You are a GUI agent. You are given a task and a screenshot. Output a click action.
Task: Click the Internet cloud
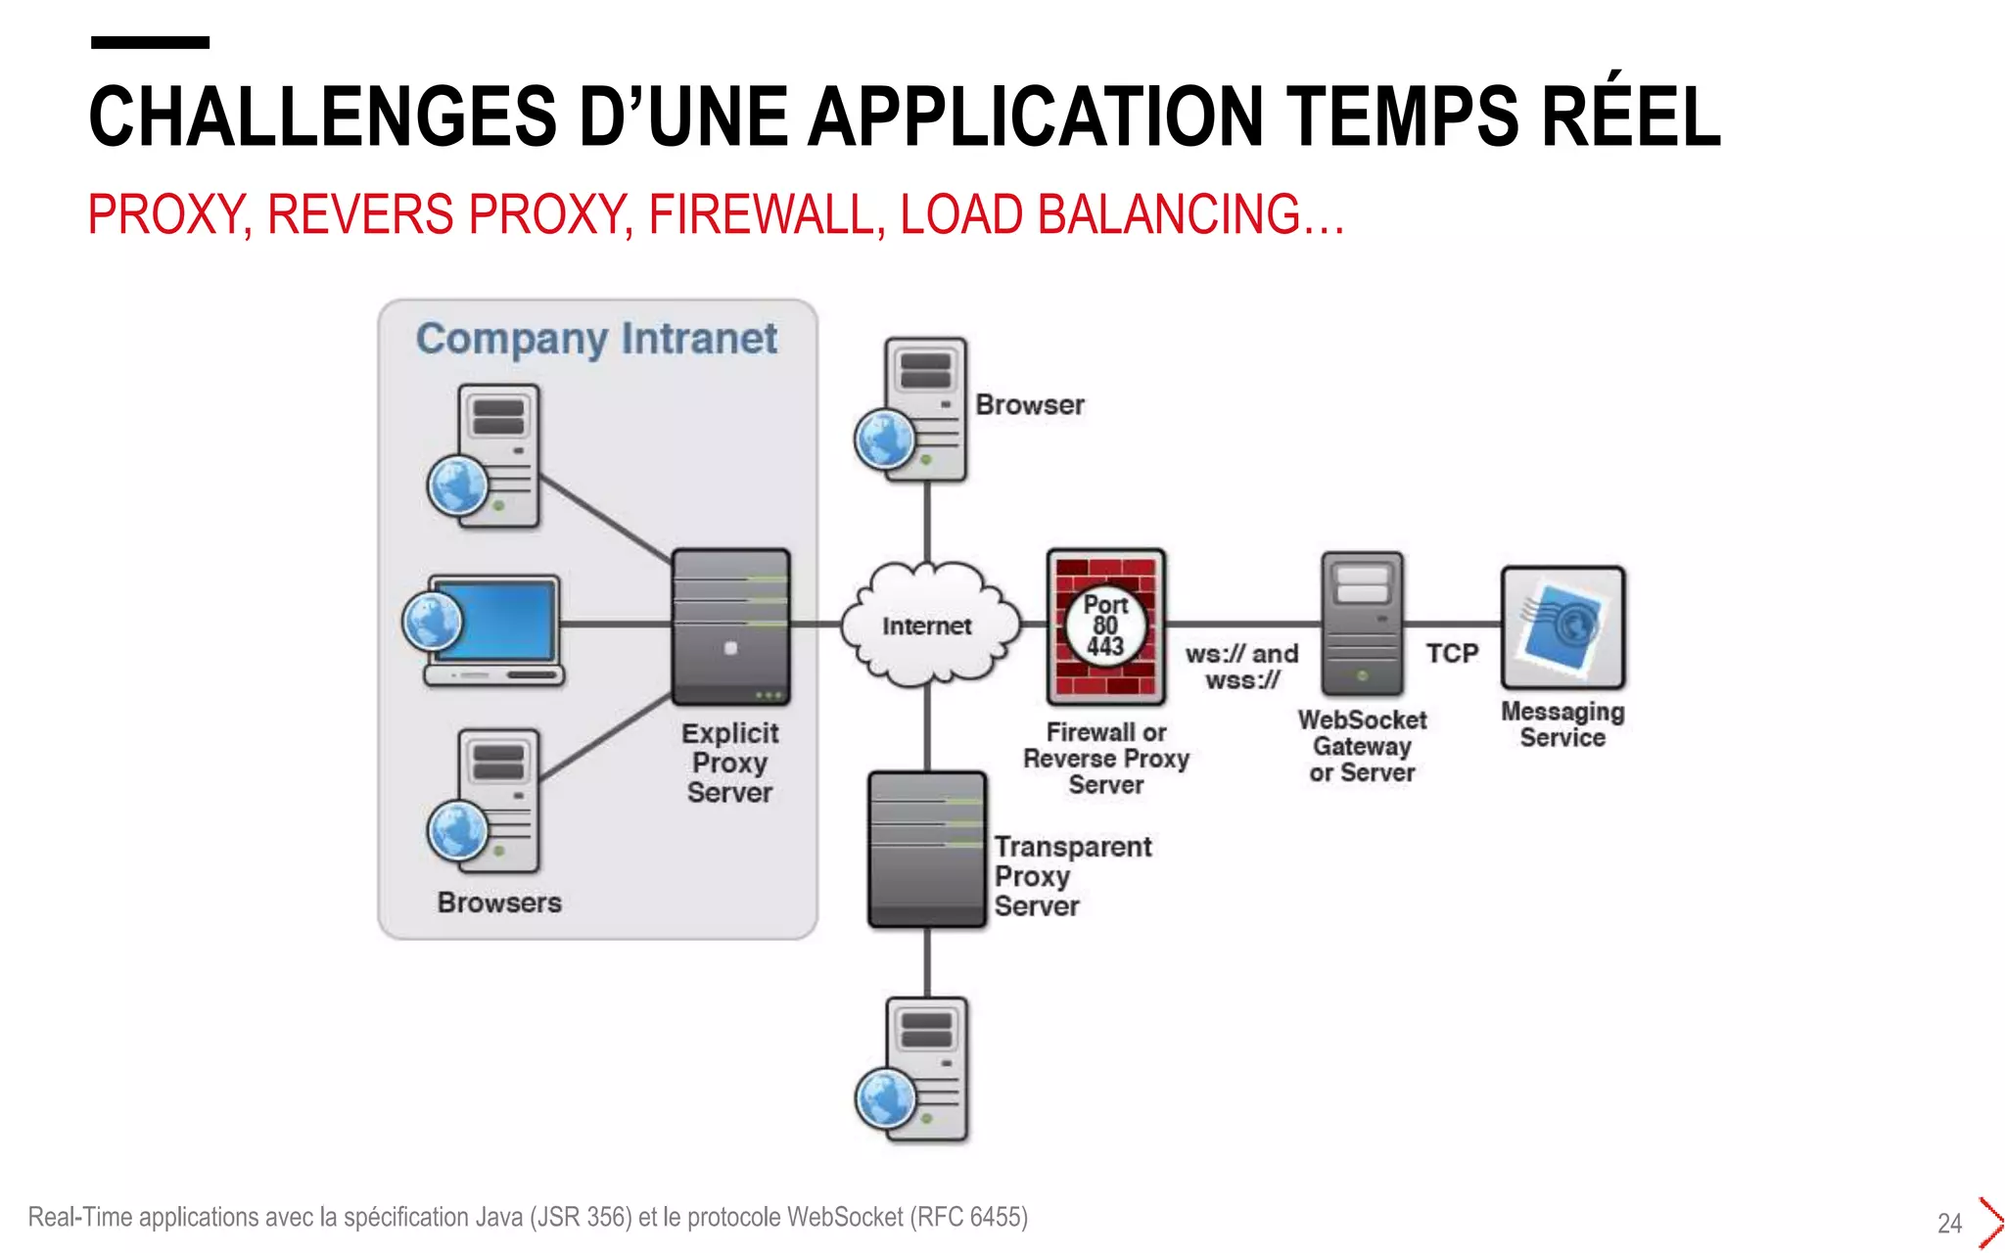[x=926, y=625]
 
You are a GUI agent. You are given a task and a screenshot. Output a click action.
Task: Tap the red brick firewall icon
[x=1105, y=626]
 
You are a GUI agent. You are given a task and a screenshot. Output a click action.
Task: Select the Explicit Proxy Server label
[x=729, y=763]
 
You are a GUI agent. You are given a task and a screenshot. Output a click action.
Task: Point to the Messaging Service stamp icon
[x=1562, y=627]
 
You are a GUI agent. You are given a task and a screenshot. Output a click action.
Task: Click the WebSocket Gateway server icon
[x=1362, y=623]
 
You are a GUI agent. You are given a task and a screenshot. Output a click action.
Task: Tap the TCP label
[x=1451, y=653]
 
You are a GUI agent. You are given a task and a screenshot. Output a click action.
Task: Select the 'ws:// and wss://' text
[x=1241, y=667]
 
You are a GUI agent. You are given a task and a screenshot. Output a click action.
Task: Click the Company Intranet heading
[x=596, y=339]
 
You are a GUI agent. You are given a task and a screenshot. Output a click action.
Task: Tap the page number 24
[x=1949, y=1223]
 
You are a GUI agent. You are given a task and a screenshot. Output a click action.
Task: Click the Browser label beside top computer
[x=1029, y=404]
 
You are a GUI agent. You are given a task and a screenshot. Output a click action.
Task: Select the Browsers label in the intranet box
[x=499, y=903]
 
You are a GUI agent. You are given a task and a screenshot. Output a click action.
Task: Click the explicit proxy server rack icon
[x=730, y=626]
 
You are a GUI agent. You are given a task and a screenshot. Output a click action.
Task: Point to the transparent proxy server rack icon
[x=926, y=849]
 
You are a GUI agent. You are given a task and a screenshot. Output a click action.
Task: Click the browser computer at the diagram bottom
[x=916, y=1069]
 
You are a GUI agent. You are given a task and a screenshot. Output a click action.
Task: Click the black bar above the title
[x=150, y=42]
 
